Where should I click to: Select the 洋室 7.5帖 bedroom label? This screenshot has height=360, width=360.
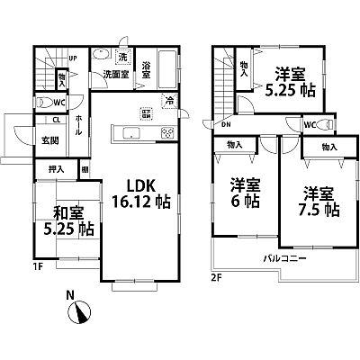click(314, 201)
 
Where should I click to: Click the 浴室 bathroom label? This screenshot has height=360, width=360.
click(142, 76)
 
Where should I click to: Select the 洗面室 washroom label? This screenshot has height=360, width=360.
click(112, 76)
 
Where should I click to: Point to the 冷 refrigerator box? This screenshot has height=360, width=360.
click(168, 101)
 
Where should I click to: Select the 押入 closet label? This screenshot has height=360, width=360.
click(55, 169)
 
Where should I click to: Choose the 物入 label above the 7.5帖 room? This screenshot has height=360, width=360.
click(328, 146)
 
